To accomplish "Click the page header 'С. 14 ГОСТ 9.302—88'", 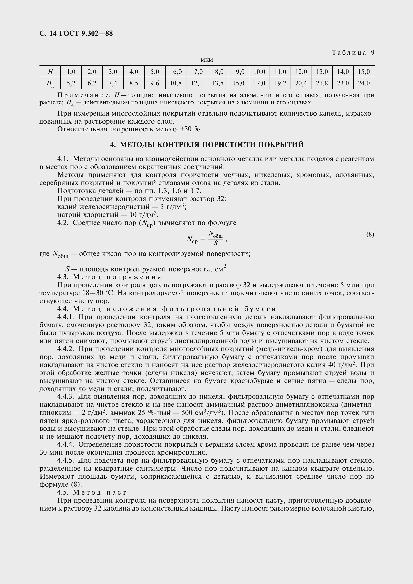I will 76,33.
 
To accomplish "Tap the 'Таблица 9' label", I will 353,53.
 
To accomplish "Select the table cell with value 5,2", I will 71,83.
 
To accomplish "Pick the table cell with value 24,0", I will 364,83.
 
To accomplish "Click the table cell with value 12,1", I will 196,83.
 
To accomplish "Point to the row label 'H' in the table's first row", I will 50,72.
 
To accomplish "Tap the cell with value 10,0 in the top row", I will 259,72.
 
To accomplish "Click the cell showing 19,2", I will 280,83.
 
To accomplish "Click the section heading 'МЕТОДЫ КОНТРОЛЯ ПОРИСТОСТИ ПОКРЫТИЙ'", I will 212,145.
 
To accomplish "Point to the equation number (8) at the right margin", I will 370,234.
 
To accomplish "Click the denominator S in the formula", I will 216,243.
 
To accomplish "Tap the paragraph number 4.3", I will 63,277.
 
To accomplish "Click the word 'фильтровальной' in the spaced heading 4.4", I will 201,309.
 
